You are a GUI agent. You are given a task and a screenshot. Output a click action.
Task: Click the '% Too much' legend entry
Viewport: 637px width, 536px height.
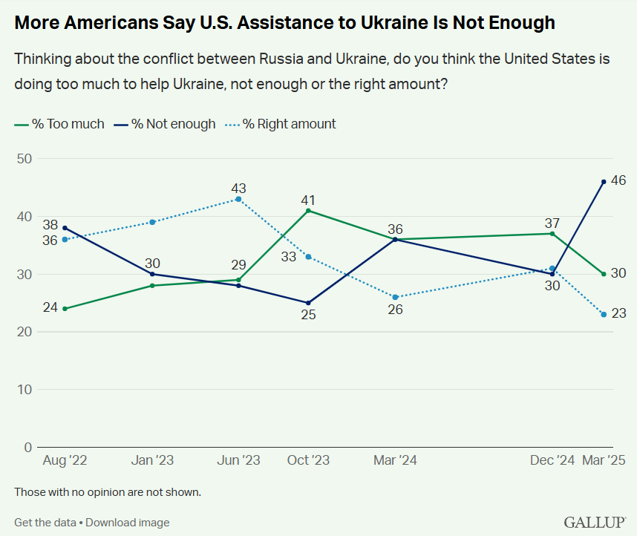tap(59, 124)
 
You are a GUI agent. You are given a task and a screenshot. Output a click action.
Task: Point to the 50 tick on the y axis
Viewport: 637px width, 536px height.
tap(24, 158)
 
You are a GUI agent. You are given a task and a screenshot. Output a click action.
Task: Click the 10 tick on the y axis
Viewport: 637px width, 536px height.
tap(24, 389)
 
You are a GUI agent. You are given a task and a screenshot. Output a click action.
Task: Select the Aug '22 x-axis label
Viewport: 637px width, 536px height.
tap(65, 460)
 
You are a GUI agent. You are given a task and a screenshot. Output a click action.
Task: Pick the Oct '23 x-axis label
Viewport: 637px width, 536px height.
tap(308, 460)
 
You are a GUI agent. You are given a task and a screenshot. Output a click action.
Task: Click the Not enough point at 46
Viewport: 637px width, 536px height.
tap(604, 182)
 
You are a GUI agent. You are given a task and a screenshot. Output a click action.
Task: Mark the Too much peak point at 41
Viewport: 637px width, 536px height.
tap(308, 211)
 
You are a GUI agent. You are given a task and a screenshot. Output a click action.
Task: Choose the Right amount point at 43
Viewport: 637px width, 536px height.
tap(238, 199)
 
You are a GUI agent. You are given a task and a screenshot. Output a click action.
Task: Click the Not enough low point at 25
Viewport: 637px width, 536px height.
tap(308, 303)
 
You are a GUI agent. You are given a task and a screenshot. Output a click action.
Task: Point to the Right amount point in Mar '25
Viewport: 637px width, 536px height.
tap(604, 314)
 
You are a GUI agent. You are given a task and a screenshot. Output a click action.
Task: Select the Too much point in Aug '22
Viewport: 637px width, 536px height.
tap(65, 308)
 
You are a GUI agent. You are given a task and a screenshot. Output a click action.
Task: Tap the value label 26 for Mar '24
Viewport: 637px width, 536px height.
tap(395, 309)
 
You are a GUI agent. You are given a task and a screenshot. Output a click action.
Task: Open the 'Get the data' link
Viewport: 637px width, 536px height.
tap(45, 523)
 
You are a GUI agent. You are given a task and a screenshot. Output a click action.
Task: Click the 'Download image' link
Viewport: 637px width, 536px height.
tap(128, 523)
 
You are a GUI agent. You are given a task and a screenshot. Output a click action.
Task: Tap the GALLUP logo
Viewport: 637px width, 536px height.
tap(595, 522)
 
